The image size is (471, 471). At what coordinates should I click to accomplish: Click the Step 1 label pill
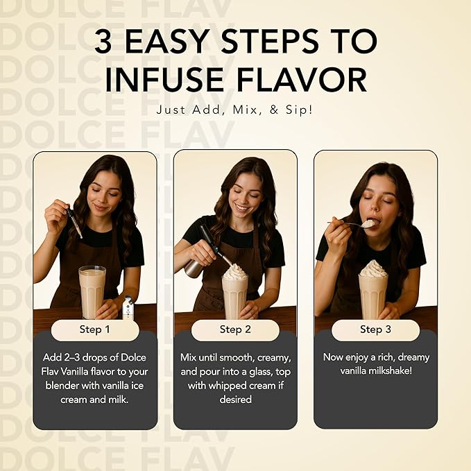(95, 329)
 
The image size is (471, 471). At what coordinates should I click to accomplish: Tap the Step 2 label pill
(235, 329)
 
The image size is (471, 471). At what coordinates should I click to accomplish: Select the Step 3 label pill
(375, 329)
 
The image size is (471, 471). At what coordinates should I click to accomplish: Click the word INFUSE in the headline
(164, 80)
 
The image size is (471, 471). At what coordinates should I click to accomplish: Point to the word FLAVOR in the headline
(302, 80)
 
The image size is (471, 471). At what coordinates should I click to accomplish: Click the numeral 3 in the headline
(103, 41)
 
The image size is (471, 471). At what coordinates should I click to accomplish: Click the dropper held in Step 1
(74, 222)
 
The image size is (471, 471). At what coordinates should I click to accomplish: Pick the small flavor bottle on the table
(128, 307)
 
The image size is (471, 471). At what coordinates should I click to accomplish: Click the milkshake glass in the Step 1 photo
(92, 292)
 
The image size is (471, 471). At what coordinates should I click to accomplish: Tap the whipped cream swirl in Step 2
(235, 272)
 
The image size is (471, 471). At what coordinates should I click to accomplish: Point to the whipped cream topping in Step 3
(373, 268)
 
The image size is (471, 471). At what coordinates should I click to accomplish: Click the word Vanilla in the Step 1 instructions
(74, 372)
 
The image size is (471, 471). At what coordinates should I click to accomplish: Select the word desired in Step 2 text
(236, 400)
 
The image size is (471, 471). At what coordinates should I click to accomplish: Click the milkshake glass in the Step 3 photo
(373, 297)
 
